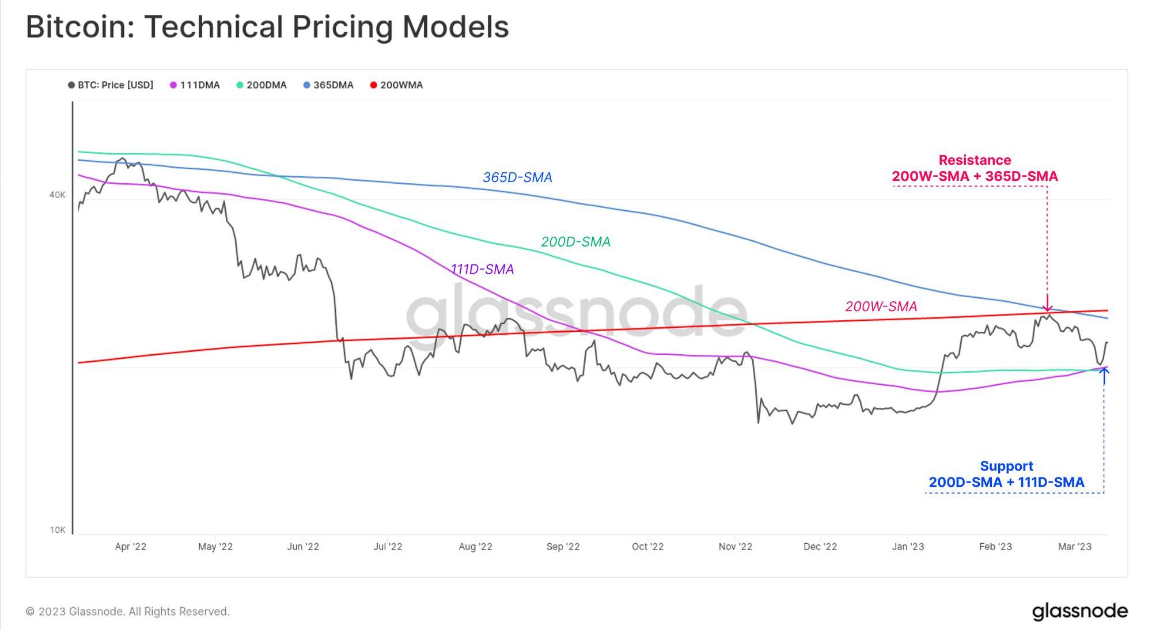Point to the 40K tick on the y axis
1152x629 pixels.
pos(58,195)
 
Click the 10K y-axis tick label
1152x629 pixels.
pos(58,530)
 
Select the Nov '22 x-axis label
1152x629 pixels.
pos(735,547)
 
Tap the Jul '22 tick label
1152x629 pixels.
pos(388,547)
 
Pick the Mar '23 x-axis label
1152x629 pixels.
pos(1074,547)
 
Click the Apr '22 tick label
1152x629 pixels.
pos(131,547)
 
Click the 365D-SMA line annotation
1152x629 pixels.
pos(517,177)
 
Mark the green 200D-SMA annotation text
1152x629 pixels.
pos(575,242)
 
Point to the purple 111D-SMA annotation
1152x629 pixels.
pos(482,270)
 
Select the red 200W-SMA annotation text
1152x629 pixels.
pos(881,306)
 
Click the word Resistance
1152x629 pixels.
pos(975,160)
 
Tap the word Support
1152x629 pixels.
pos(1006,466)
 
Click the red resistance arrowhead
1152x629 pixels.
pos(1047,308)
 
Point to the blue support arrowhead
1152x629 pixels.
pos(1104,372)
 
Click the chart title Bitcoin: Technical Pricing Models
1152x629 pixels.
pos(267,27)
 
